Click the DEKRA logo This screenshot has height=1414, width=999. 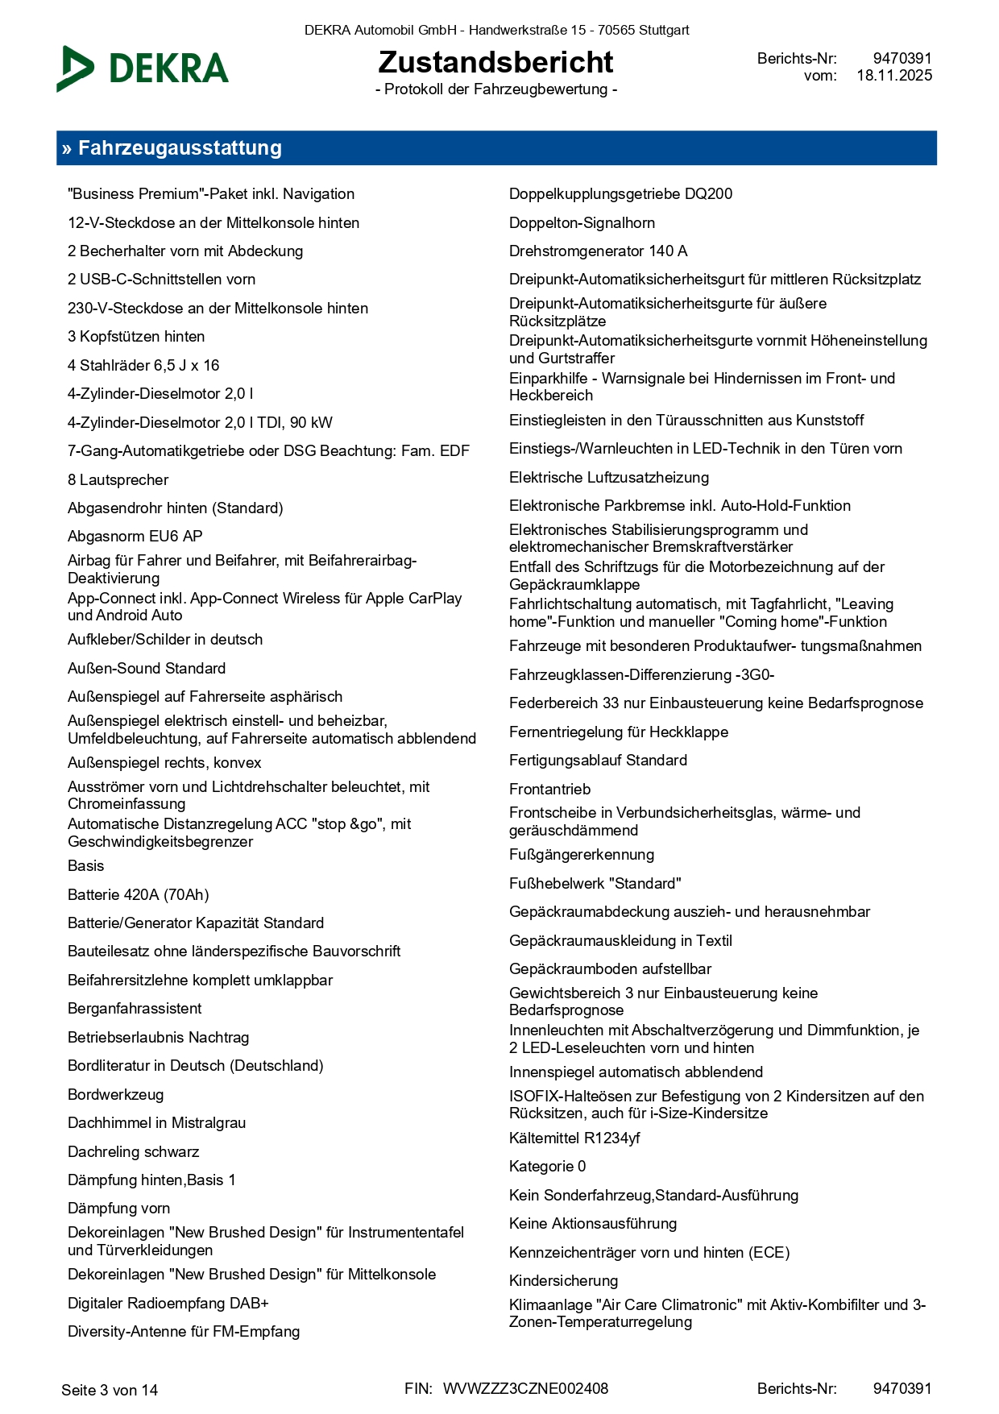click(x=143, y=68)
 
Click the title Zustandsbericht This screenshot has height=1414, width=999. click(x=495, y=62)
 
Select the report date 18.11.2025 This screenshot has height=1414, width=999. click(x=894, y=76)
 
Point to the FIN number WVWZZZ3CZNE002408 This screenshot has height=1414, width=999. click(x=525, y=1388)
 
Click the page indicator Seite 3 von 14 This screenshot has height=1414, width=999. click(x=110, y=1390)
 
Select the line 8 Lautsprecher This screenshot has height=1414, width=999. click(x=118, y=480)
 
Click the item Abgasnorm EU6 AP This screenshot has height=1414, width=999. click(x=135, y=537)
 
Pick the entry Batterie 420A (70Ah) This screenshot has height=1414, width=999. click(x=139, y=895)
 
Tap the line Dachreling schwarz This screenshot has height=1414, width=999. click(x=134, y=1152)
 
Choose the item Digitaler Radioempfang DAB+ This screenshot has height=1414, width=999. click(x=168, y=1303)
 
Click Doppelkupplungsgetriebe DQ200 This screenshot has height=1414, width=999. click(x=620, y=194)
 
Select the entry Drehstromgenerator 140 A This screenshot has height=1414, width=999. click(x=598, y=251)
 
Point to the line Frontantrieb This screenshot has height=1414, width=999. click(x=550, y=789)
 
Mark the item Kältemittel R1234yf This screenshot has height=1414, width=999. click(x=574, y=1138)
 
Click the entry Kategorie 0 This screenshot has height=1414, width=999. click(x=548, y=1167)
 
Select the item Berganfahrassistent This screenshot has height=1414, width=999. click(x=135, y=1009)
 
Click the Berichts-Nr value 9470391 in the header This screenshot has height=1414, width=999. click(x=902, y=59)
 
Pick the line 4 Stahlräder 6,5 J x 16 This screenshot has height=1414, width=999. click(x=143, y=366)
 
